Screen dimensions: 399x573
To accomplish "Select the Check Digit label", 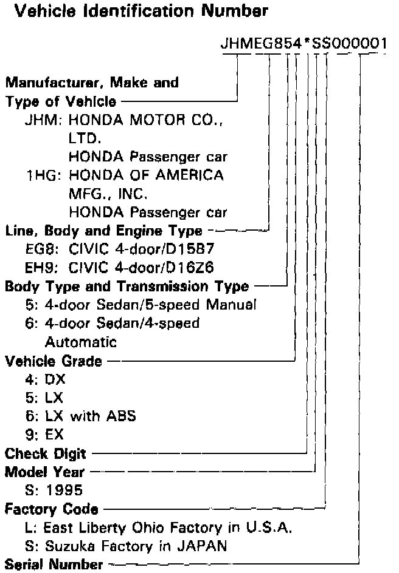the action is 46,453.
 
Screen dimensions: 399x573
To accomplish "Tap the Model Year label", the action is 44,471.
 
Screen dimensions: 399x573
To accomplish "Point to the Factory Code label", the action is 52,508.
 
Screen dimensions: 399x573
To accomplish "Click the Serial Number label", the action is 54,565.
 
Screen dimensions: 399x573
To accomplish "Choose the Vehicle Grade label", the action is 54,362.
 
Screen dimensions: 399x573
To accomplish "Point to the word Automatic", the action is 72,342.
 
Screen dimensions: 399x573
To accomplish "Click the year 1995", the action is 65,489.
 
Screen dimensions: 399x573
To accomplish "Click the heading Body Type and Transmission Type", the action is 127,286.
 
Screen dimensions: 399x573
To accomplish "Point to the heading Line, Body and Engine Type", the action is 103,231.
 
